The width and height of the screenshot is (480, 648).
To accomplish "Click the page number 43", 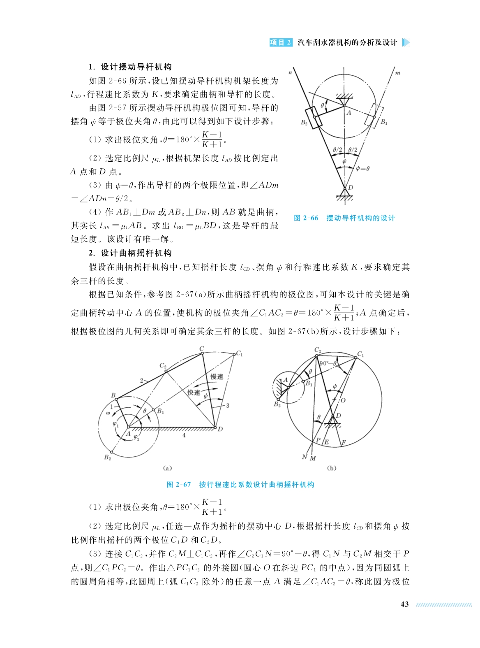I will [x=404, y=604].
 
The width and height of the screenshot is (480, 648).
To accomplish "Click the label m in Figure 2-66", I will [x=397, y=73].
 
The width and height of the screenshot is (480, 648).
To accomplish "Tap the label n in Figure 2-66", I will [x=290, y=73].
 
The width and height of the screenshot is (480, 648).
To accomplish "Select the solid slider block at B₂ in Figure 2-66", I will [x=314, y=117].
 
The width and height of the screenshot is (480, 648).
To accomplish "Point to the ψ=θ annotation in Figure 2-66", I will [x=362, y=168].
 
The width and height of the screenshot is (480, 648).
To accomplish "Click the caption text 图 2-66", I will [x=306, y=218].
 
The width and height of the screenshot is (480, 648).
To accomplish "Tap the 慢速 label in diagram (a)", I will [x=217, y=376].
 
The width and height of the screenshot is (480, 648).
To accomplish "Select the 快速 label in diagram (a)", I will [x=194, y=392].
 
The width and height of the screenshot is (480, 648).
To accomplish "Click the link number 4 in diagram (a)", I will [x=184, y=435].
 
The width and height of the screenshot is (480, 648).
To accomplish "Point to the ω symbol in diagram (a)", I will [x=108, y=412].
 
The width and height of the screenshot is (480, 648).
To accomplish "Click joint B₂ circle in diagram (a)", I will [x=112, y=452].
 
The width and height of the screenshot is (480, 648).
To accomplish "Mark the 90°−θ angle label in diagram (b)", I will [x=328, y=363].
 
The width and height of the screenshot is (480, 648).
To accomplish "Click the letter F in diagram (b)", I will [x=344, y=443].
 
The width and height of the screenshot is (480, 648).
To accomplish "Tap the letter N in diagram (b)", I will [x=305, y=457].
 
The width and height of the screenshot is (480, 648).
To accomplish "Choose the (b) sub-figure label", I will [x=331, y=468].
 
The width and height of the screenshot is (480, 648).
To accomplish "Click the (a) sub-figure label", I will [x=167, y=468].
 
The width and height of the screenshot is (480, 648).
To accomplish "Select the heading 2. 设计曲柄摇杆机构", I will [x=130, y=253].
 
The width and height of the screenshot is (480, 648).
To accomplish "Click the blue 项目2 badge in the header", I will [x=281, y=42].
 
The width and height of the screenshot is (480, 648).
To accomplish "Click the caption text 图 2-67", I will [x=179, y=485].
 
